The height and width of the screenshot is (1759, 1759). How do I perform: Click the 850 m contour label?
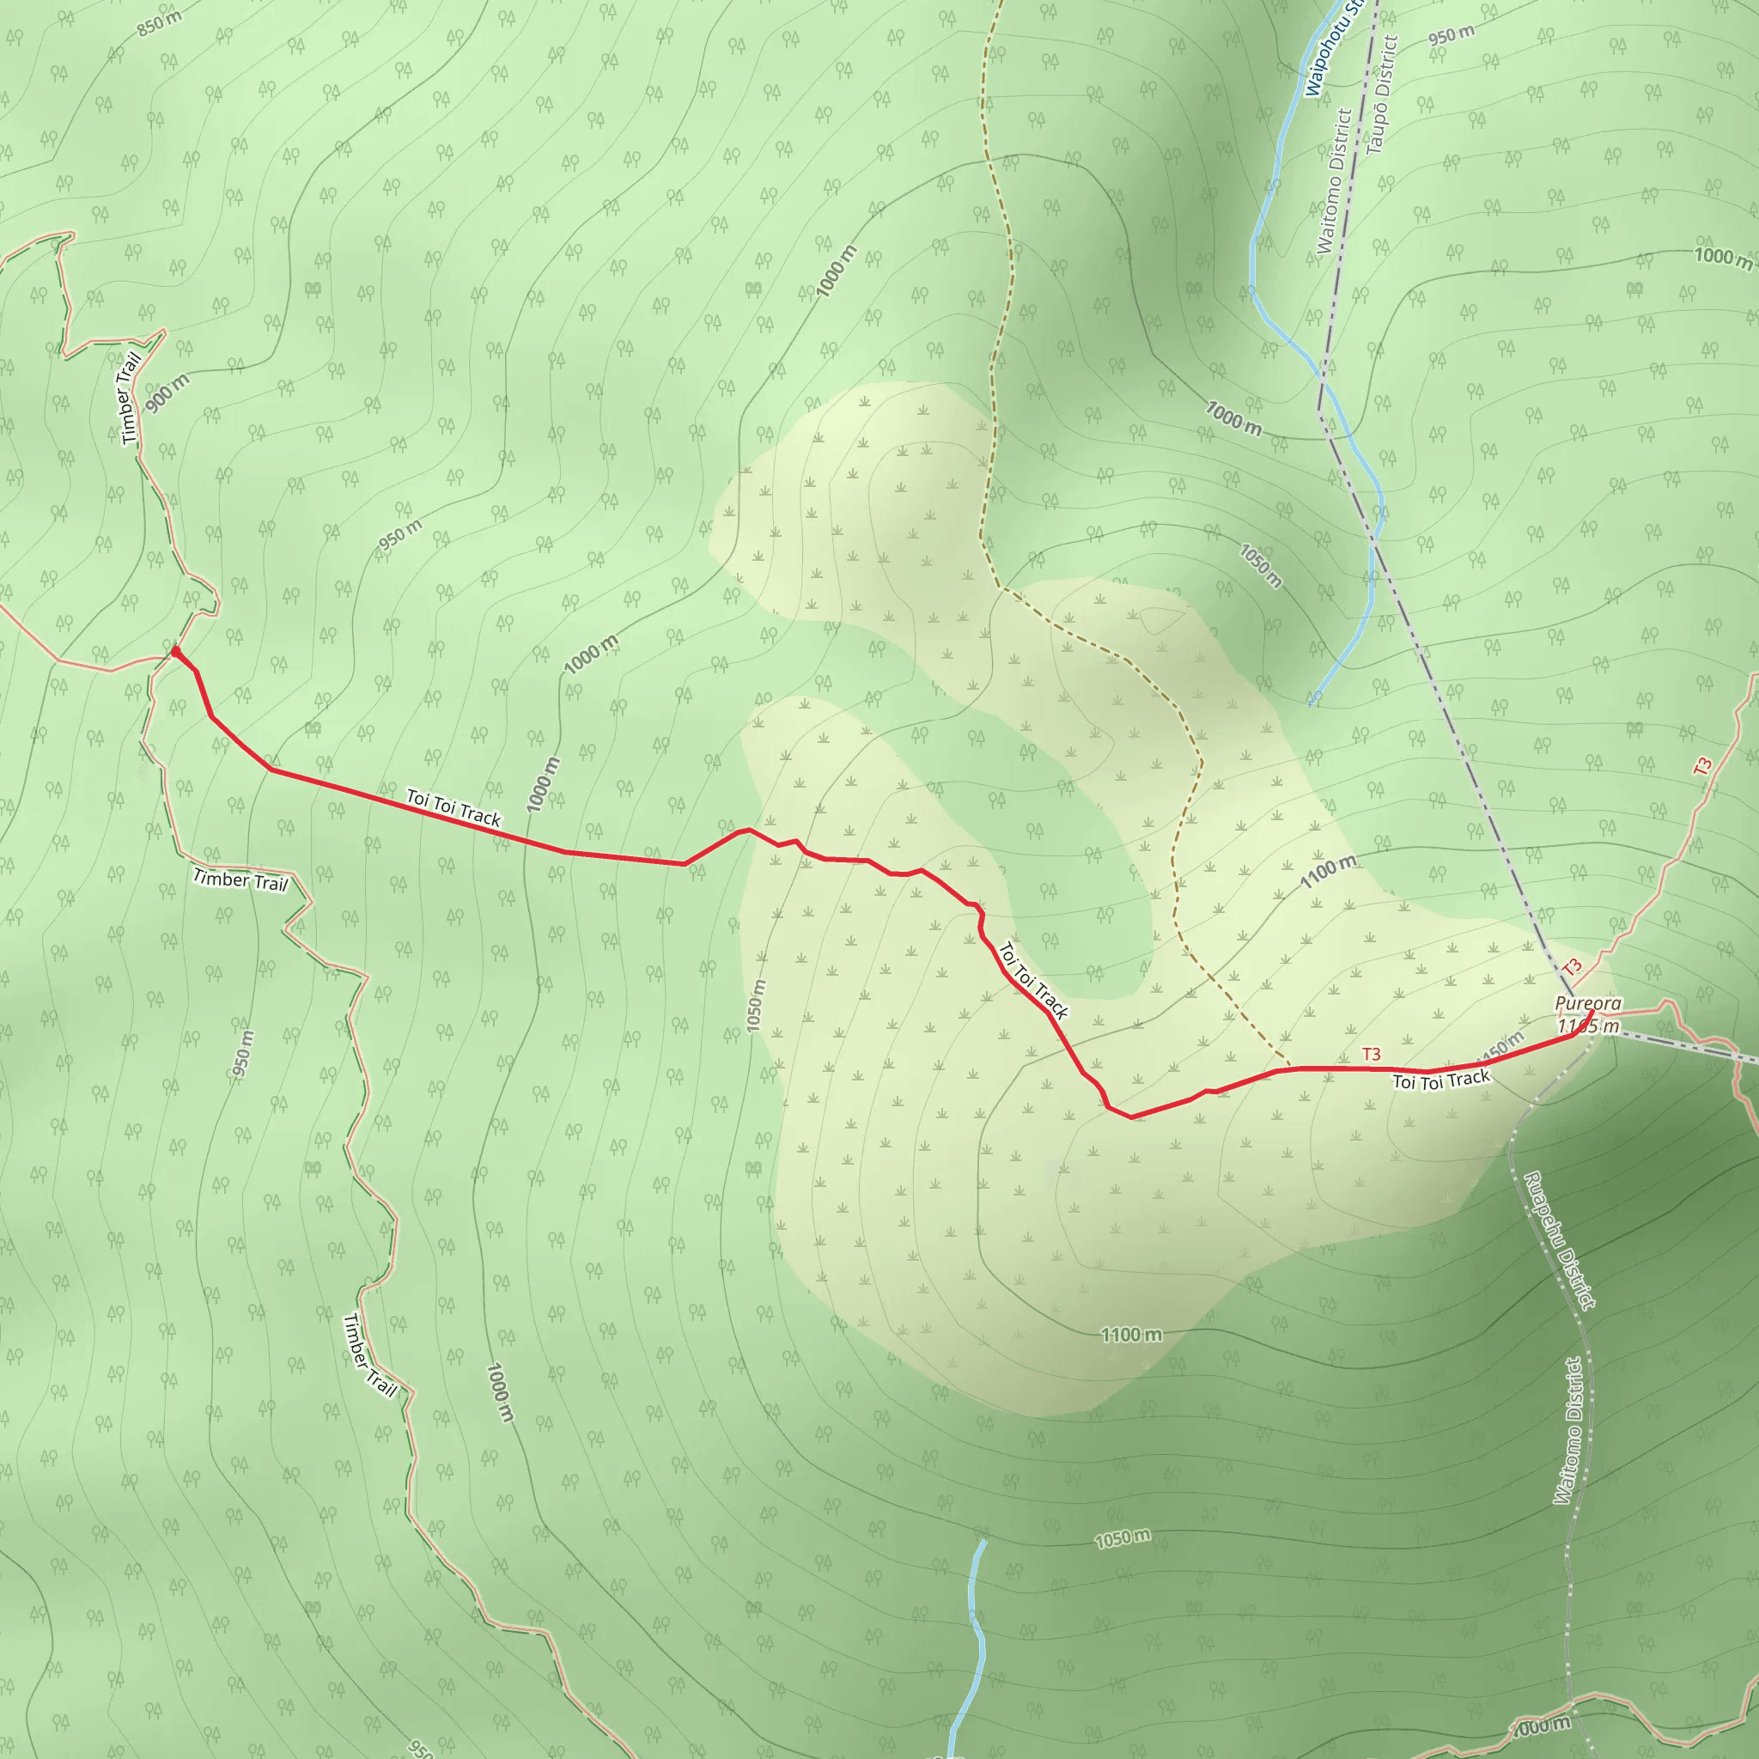tap(160, 24)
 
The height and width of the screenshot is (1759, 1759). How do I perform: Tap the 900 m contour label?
tap(167, 393)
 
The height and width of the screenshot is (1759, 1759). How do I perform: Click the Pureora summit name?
tap(1588, 1003)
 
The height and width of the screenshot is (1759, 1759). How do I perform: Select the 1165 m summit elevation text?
tap(1588, 1027)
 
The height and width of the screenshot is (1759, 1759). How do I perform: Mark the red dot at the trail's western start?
tap(176, 651)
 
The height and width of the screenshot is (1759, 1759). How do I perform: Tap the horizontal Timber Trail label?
tap(240, 880)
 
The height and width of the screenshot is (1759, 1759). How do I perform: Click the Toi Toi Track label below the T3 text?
tap(1441, 1080)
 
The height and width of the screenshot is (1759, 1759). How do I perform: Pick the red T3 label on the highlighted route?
tap(1371, 1055)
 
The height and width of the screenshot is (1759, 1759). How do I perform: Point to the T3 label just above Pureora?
tap(1573, 967)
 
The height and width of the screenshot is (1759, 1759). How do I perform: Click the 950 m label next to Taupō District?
tap(1451, 34)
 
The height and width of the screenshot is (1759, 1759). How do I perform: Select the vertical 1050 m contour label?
tap(756, 1005)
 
